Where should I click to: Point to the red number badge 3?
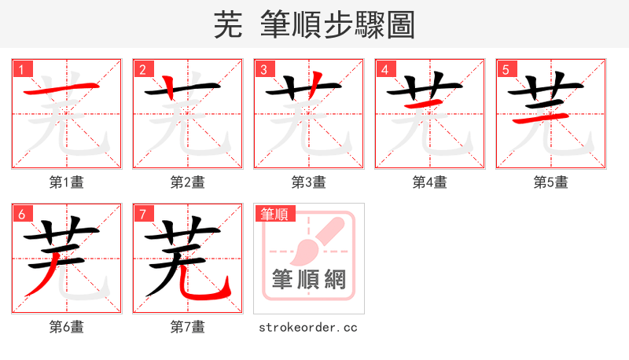[265, 70]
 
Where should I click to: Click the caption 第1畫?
[67, 182]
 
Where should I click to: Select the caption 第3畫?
[309, 182]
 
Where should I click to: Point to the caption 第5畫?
[551, 182]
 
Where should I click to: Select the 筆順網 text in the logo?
[309, 280]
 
